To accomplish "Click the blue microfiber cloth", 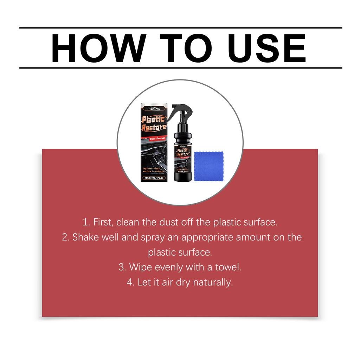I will [208, 166].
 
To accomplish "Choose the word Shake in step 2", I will [84, 237].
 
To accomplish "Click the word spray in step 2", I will [153, 237].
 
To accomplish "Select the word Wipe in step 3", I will [140, 267].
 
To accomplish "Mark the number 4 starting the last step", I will [130, 282].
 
